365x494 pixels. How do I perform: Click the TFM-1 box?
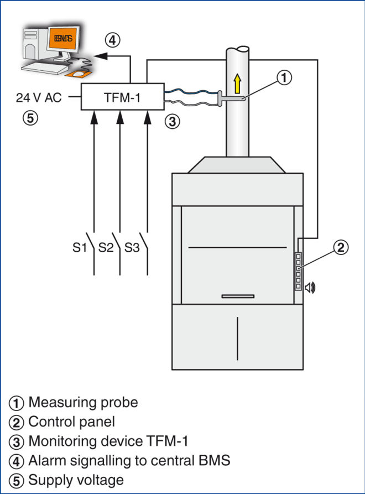(x=122, y=98)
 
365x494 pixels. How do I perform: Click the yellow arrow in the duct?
(x=238, y=84)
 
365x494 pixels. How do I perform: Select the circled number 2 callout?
(x=342, y=247)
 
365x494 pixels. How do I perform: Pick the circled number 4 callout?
(x=113, y=39)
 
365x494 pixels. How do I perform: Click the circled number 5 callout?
(x=30, y=117)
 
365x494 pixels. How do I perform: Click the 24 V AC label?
(x=39, y=98)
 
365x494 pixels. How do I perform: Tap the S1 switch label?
(x=80, y=247)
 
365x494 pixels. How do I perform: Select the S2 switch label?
(x=106, y=247)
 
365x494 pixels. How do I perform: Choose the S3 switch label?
(x=132, y=247)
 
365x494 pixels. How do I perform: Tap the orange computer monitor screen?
(x=62, y=39)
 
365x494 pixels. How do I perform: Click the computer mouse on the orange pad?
(x=80, y=73)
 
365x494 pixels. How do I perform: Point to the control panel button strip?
(x=298, y=271)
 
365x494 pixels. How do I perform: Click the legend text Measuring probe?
(x=82, y=403)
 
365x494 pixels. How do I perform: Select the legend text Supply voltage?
(x=76, y=480)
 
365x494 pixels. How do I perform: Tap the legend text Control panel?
(x=71, y=422)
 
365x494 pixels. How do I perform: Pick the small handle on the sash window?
(x=238, y=297)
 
